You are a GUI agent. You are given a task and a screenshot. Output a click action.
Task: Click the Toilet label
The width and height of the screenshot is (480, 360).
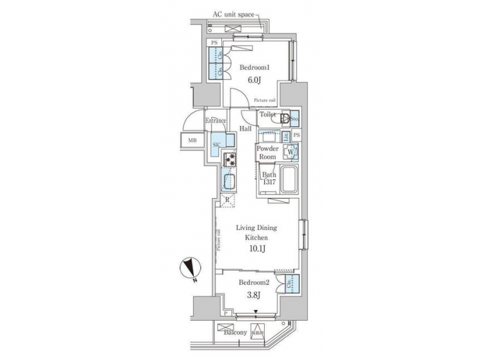coord(267,115)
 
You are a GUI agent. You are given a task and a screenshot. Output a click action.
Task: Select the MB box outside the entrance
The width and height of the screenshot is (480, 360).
coord(192,141)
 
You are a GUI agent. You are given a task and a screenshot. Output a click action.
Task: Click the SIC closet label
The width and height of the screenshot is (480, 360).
coord(217,144)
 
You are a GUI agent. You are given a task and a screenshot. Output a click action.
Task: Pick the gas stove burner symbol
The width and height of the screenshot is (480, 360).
coord(230,159)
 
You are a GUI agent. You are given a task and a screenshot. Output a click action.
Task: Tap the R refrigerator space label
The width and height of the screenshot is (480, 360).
coord(227,200)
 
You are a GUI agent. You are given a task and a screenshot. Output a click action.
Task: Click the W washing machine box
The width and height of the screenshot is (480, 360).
coord(291,152)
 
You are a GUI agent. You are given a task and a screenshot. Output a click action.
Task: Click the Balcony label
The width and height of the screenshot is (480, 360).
coord(235,331)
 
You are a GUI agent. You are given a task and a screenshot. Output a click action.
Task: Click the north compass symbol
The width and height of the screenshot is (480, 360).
coord(190,269)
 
